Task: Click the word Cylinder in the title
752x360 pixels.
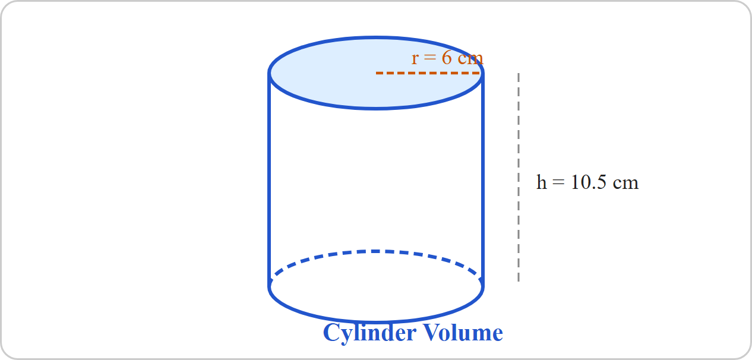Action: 369,333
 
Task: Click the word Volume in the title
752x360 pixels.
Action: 463,333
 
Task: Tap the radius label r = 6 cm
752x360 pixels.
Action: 447,58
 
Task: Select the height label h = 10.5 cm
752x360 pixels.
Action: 587,182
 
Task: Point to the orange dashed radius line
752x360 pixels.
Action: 428,73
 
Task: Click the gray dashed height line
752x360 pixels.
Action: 519,177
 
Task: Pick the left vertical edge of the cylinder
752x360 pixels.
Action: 269,179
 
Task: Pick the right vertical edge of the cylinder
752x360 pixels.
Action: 483,179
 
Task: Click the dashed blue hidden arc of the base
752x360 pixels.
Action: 376,251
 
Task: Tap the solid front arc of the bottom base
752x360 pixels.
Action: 376,322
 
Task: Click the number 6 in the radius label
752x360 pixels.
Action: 447,58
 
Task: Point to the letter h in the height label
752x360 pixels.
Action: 542,182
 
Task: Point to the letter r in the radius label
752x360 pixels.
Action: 415,59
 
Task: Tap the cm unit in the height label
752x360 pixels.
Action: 625,184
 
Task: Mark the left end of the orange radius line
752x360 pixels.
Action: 377,73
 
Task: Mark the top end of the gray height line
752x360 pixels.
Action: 519,73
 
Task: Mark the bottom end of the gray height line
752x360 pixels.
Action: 519,282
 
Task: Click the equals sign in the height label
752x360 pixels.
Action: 558,183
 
